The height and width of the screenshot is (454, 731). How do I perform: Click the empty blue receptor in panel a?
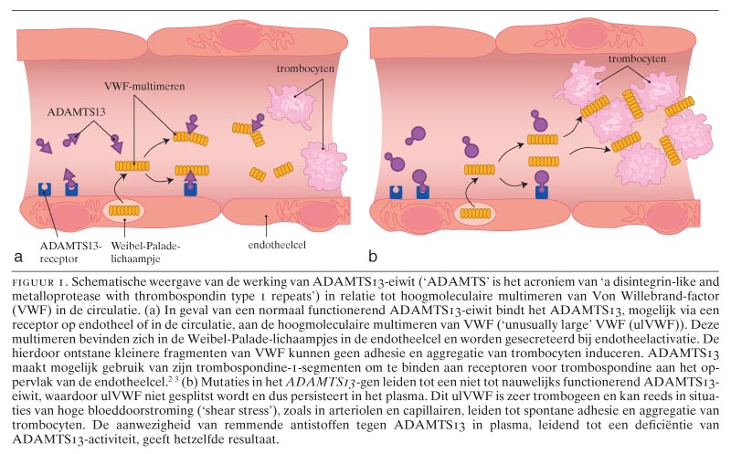[44, 189]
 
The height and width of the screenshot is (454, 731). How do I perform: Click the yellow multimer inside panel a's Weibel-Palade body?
[125, 210]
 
